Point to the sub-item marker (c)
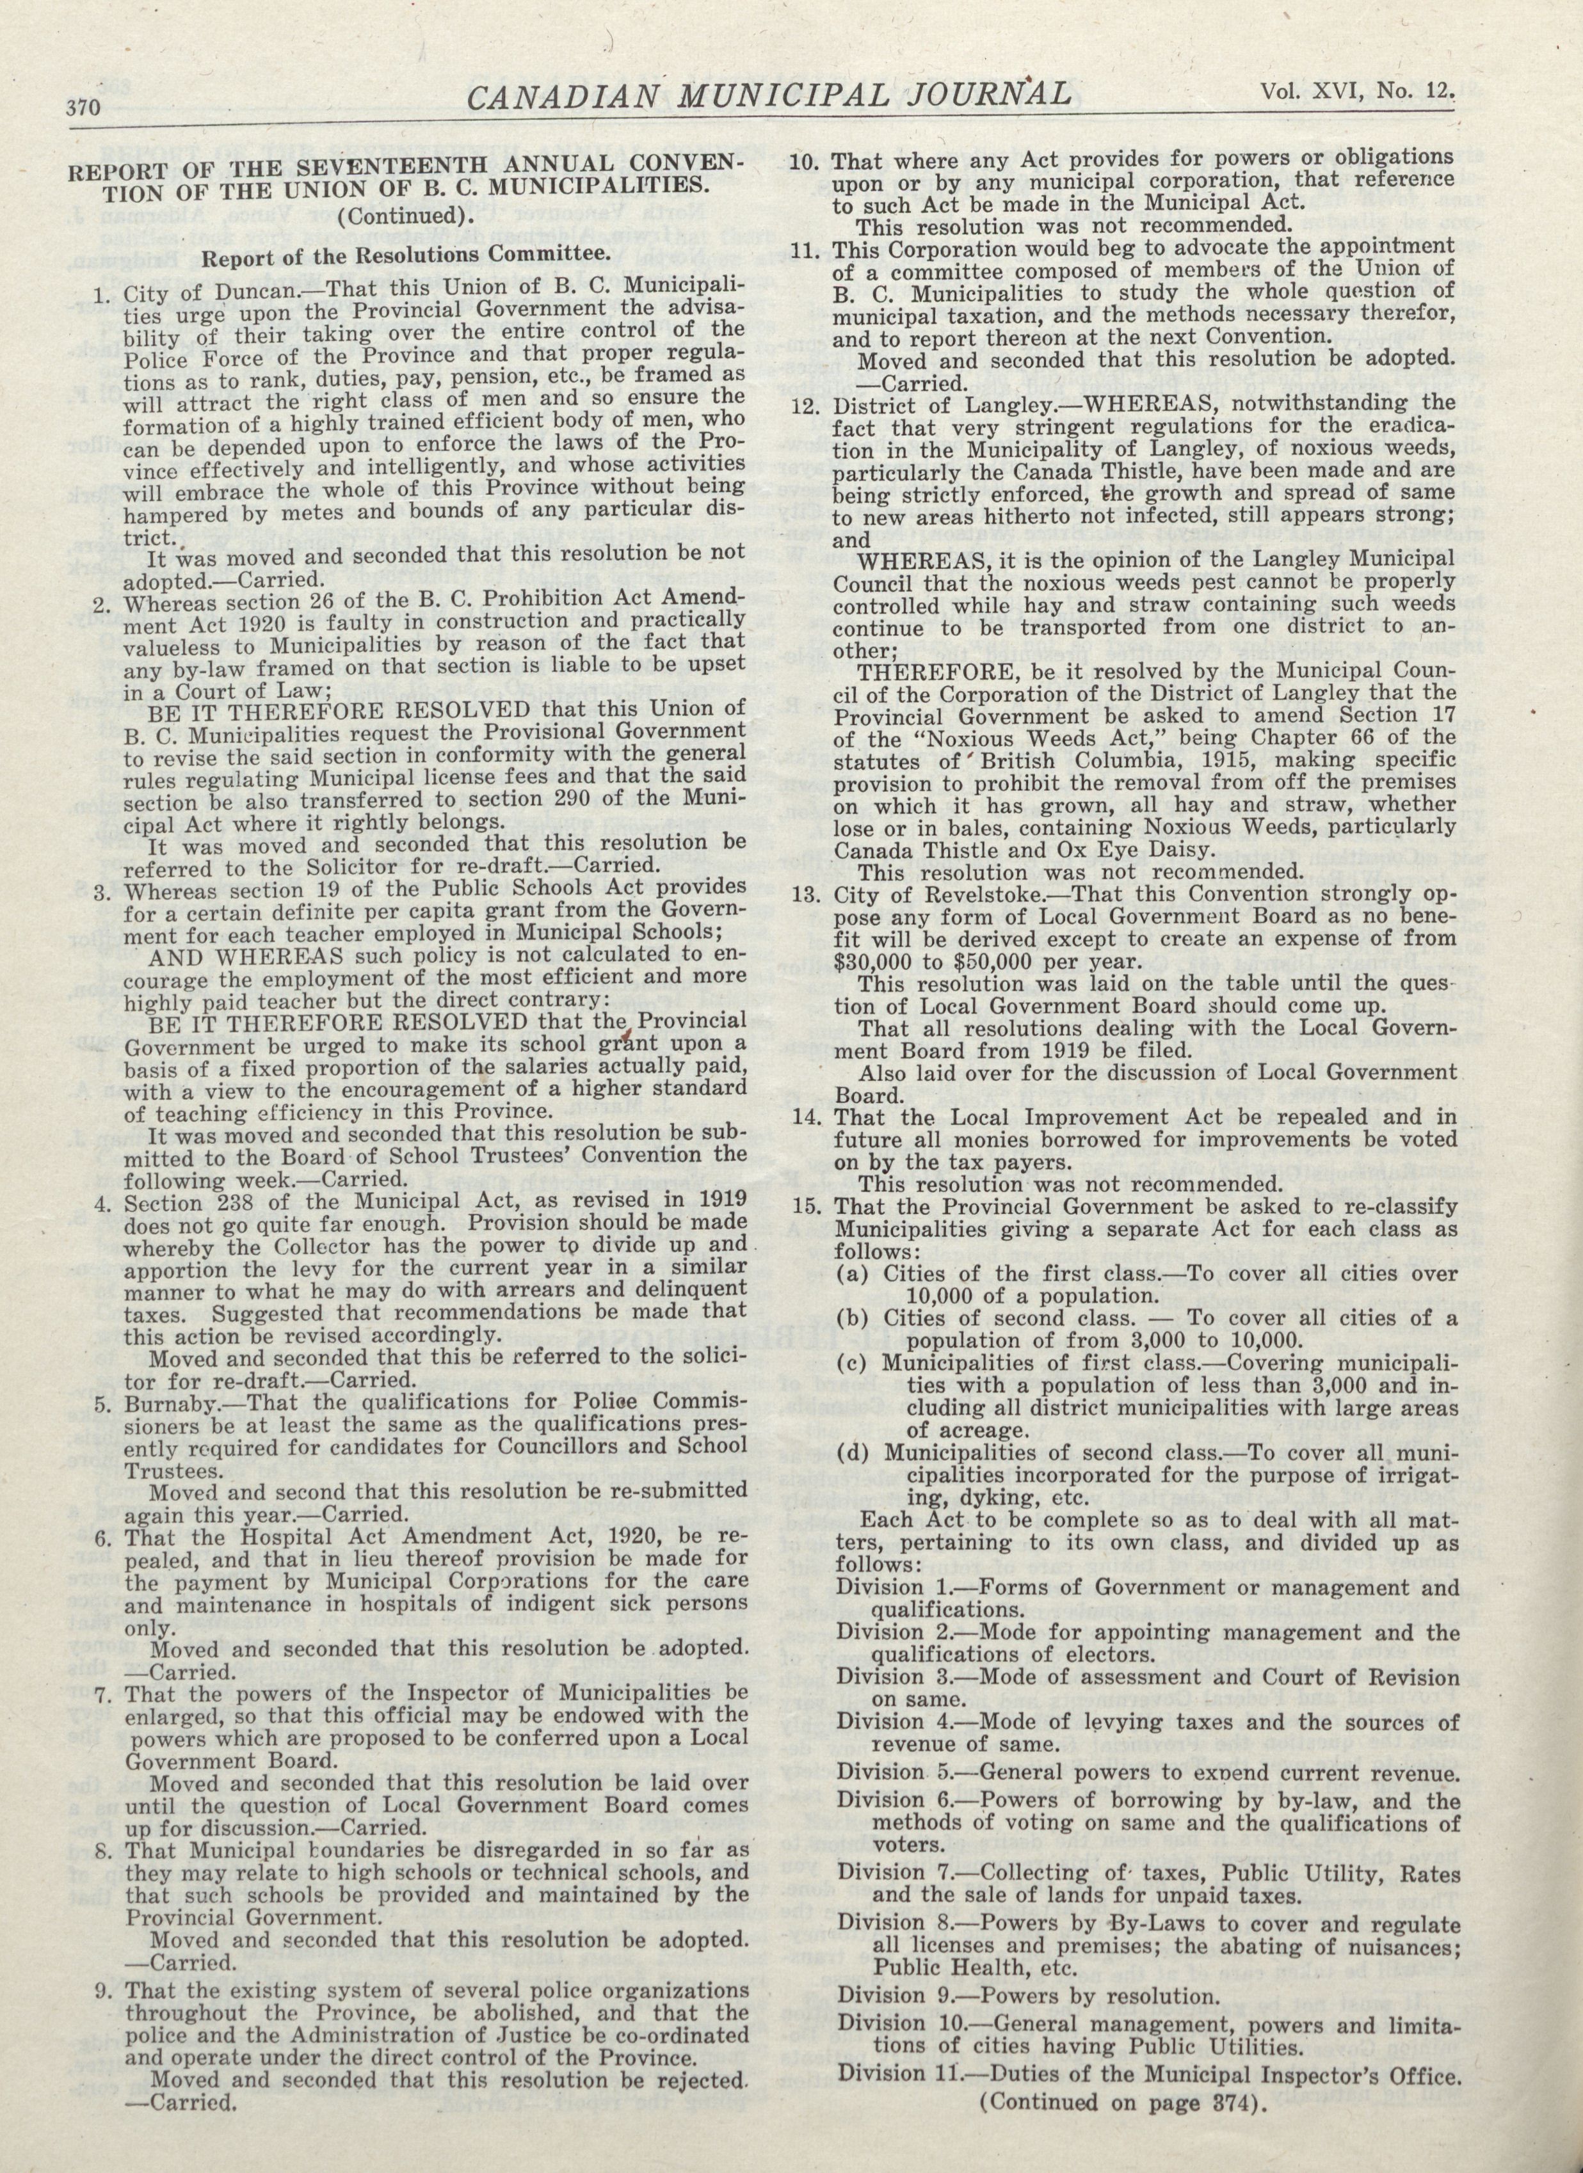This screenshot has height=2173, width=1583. [852, 1362]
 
